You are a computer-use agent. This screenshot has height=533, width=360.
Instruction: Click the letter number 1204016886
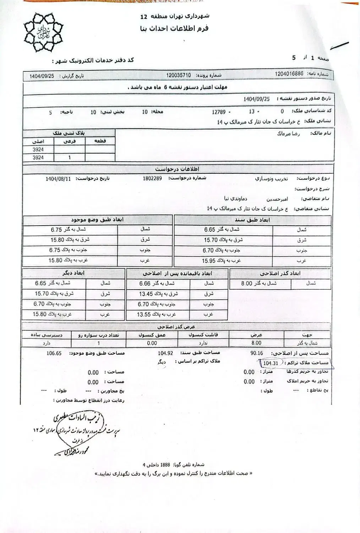[289, 74]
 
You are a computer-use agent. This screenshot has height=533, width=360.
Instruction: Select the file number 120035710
[179, 76]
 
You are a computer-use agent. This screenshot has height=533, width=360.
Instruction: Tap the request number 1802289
[152, 178]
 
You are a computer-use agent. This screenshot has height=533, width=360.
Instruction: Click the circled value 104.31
[271, 363]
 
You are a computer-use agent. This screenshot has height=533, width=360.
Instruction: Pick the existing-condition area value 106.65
[54, 354]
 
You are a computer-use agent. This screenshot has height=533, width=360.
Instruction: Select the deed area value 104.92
[165, 353]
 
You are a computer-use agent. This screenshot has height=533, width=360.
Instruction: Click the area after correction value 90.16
[257, 353]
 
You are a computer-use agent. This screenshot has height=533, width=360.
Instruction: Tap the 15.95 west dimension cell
[223, 261]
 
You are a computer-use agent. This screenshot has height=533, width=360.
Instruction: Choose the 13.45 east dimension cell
[158, 294]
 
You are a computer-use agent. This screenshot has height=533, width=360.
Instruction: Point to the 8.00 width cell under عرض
[256, 343]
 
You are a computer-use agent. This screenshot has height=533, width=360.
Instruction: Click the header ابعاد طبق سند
[252, 220]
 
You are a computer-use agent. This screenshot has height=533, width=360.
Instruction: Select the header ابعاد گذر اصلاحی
[280, 274]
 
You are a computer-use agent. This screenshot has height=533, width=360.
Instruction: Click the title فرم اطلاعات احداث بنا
[175, 28]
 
